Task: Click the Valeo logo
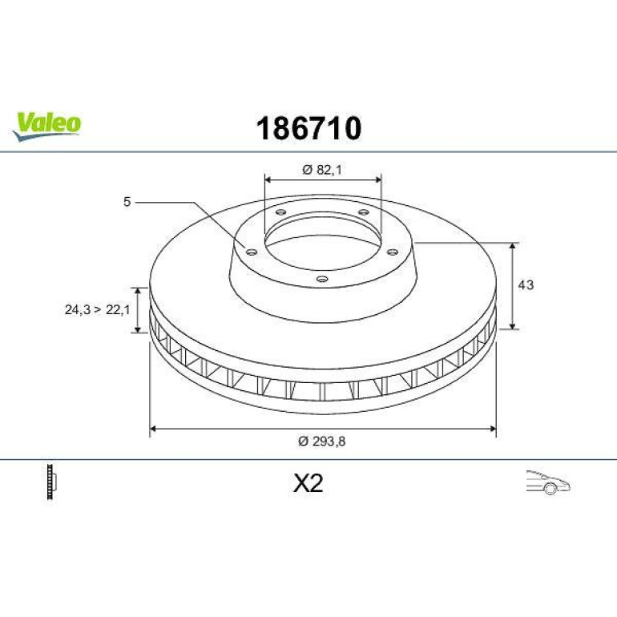(46, 126)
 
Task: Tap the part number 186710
(308, 128)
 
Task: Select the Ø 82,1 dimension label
(322, 170)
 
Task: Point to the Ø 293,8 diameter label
(322, 442)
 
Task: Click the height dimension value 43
(526, 284)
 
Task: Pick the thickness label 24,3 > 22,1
(97, 309)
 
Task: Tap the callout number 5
(127, 202)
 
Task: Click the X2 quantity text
(308, 483)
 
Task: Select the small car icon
(548, 482)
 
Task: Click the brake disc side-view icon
(51, 482)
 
